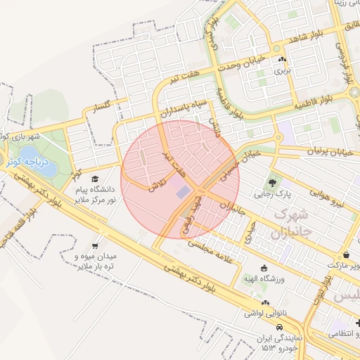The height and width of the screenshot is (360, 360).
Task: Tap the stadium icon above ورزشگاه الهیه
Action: pyautogui.click(x=264, y=268)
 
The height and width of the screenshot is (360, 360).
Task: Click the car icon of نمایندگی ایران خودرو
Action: pyautogui.click(x=279, y=328)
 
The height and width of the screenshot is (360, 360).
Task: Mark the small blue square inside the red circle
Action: pyautogui.click(x=182, y=191)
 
